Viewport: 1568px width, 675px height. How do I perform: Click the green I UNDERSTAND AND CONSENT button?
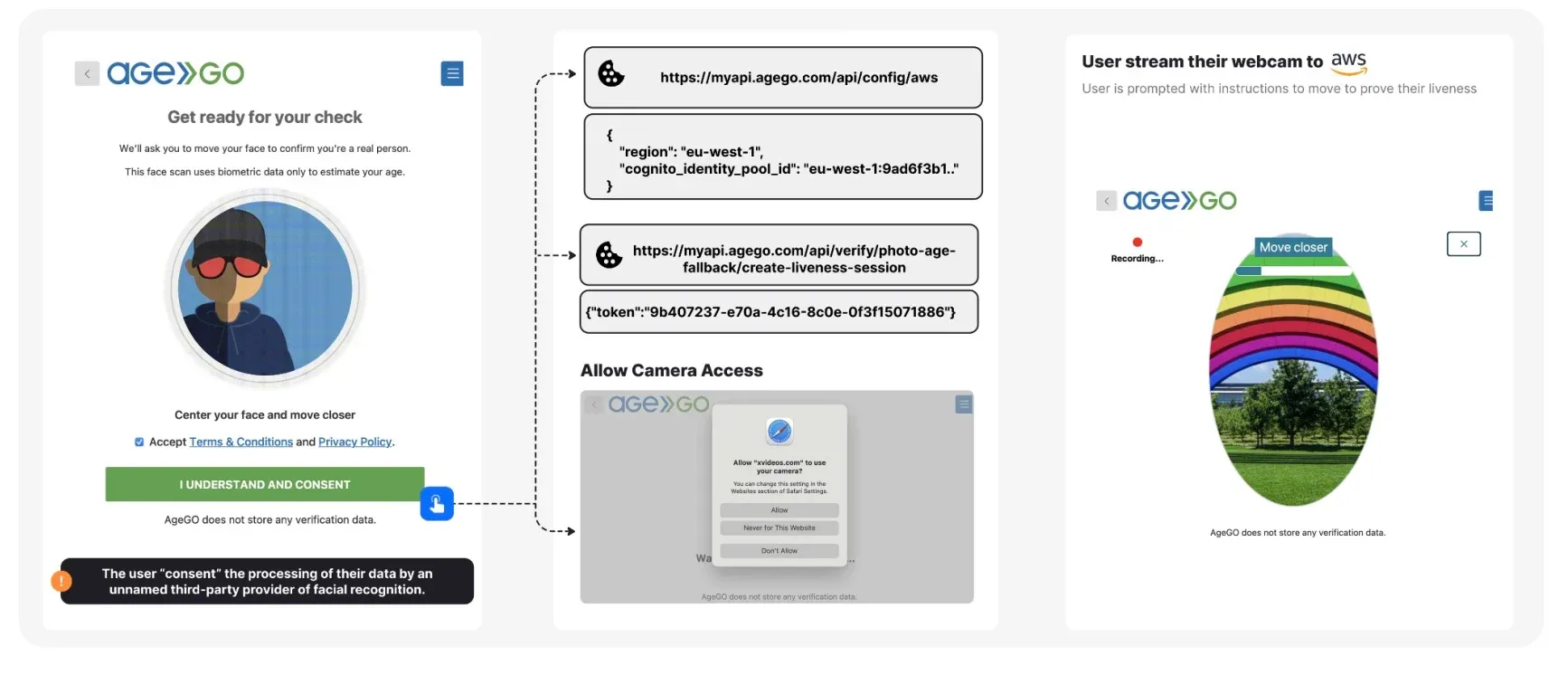(264, 484)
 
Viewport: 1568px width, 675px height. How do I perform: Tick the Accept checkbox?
(139, 442)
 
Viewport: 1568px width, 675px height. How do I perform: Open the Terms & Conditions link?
(241, 442)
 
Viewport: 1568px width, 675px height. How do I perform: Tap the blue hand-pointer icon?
(437, 504)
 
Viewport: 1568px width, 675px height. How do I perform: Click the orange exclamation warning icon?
(61, 581)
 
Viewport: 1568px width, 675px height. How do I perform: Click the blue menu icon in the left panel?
(452, 73)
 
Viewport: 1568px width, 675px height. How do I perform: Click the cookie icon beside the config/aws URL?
(611, 74)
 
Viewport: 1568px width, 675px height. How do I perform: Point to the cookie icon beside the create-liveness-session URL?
(609, 255)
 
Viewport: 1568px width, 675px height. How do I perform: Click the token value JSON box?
(779, 312)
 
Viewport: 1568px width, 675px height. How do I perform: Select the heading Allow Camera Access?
(671, 370)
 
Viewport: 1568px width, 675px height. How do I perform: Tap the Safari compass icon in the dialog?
(779, 432)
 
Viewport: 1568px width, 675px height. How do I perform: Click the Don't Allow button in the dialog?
(779, 551)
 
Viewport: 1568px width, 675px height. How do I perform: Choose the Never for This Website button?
(779, 528)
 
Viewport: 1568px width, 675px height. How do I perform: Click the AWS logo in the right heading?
(1348, 62)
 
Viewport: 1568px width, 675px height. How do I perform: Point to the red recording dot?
(1138, 242)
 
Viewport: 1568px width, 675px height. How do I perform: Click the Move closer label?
(1293, 247)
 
